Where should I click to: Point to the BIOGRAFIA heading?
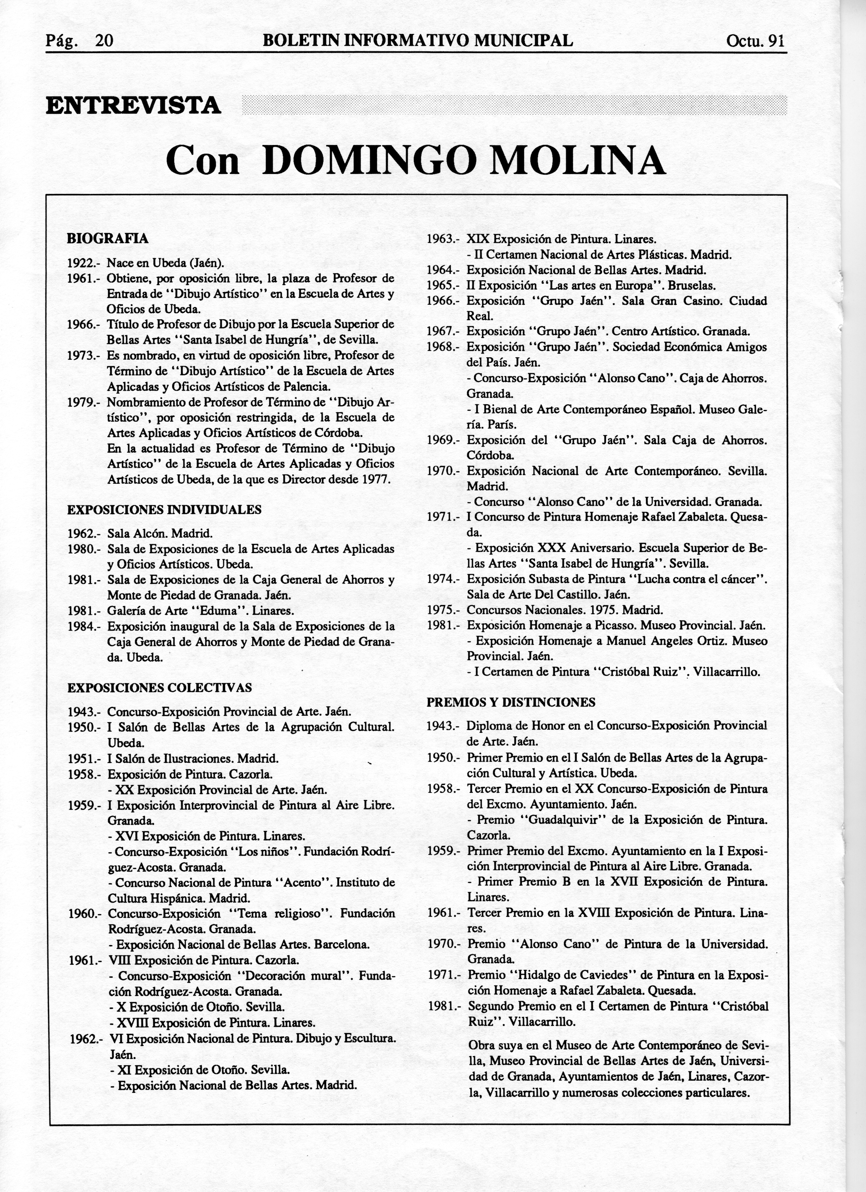[108, 238]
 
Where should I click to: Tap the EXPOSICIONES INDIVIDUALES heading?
[164, 509]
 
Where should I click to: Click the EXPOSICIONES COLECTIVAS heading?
[160, 688]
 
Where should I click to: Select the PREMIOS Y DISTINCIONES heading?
[511, 702]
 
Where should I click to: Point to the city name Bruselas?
[688, 286]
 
